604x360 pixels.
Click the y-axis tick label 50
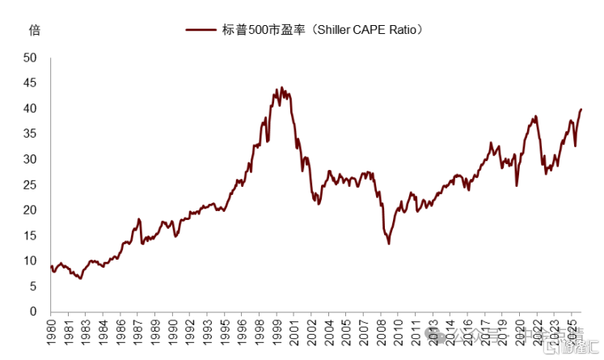(x=31, y=58)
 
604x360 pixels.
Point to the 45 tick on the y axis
(x=31, y=83)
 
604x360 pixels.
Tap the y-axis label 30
(x=31, y=159)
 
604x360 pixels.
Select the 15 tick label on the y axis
(x=31, y=235)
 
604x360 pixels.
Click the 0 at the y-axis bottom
(x=34, y=311)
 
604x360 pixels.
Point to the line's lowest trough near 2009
(x=389, y=244)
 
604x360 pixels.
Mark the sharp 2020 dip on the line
(x=517, y=185)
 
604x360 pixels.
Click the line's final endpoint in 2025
(x=581, y=109)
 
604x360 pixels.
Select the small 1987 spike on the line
(x=139, y=218)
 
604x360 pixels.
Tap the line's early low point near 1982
(x=80, y=278)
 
